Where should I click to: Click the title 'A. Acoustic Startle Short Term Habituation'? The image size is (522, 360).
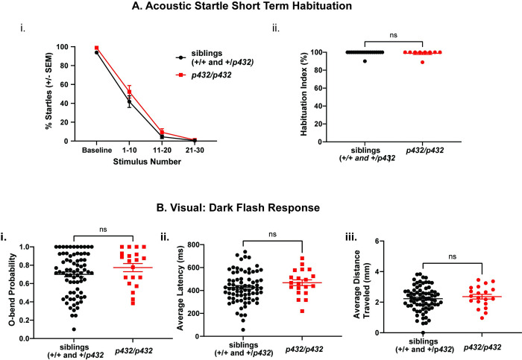coord(242,6)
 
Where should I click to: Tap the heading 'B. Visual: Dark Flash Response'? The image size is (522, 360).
coord(238,208)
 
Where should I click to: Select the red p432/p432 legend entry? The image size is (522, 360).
coord(204,75)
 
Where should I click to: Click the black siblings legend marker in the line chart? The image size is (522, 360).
coord(180,57)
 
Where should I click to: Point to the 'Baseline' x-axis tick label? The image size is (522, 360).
coord(97,151)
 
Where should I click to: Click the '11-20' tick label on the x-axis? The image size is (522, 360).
coord(162,151)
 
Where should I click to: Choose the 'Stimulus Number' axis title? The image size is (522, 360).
coord(147,162)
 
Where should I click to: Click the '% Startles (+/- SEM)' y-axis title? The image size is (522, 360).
coord(49,90)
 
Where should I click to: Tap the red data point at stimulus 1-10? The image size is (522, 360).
coord(130,92)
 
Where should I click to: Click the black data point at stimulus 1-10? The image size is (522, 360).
coord(130,102)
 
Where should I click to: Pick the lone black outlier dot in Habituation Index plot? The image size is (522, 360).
coord(365,61)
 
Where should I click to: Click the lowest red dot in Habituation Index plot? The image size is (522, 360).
coord(423,62)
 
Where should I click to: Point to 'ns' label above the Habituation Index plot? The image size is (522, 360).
coord(393,35)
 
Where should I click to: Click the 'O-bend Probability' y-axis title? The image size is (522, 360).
coord(12,288)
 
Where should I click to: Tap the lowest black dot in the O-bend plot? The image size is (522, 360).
coord(74,329)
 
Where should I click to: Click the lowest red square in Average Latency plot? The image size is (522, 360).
coord(302,311)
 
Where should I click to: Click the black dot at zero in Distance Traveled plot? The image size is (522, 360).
coord(423,332)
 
